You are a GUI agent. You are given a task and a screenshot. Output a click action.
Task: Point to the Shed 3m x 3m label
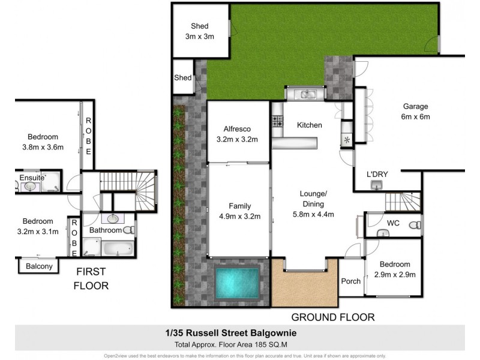pos(199,31)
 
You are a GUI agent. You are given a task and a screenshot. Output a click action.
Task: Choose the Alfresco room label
pos(237,134)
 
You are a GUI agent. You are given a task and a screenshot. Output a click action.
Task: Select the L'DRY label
pos(377,175)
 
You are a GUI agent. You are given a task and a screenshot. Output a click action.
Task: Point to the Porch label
pos(350,281)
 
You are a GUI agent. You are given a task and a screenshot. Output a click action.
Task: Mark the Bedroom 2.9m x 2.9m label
pos(394,270)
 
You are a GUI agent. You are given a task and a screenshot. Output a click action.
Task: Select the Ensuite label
pos(30,178)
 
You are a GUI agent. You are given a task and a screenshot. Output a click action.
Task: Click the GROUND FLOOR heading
pos(332,317)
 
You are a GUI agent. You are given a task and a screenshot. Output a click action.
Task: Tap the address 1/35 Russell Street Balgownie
pos(239,332)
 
